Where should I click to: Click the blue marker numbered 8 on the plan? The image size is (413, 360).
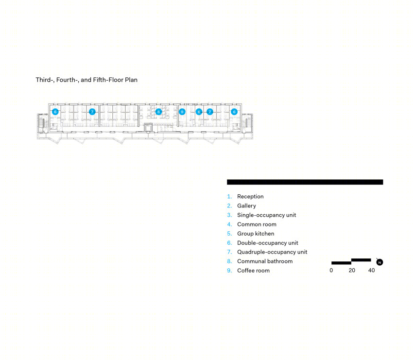[158, 112]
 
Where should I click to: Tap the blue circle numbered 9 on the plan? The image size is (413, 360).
[182, 112]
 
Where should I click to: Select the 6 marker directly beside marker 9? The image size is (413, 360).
[199, 112]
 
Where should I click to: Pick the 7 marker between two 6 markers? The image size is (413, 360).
[210, 112]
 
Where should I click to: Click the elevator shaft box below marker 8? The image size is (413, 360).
[148, 127]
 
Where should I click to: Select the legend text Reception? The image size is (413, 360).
[250, 196]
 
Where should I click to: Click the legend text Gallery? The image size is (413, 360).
[246, 206]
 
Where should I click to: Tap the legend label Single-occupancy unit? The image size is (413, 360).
[267, 215]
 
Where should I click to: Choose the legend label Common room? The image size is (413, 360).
[257, 224]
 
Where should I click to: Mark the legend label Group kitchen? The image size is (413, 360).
[256, 234]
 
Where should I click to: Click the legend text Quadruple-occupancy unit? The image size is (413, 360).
[272, 252]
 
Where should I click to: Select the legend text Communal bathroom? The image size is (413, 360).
[265, 261]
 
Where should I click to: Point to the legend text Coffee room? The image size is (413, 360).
[253, 271]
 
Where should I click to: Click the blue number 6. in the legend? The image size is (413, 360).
[229, 243]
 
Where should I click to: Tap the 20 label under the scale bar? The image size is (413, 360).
[352, 270]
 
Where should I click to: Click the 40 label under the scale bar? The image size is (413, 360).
[371, 270]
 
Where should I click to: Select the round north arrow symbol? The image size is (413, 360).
[379, 262]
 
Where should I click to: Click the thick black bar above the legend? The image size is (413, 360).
[305, 182]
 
